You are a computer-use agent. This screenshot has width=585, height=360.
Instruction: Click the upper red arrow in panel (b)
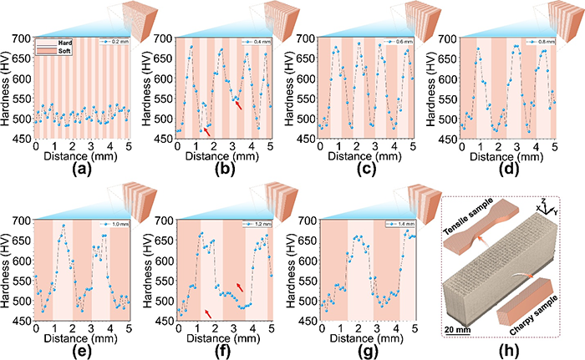click(x=240, y=105)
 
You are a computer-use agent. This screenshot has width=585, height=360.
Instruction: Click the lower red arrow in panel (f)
click(x=209, y=312)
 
